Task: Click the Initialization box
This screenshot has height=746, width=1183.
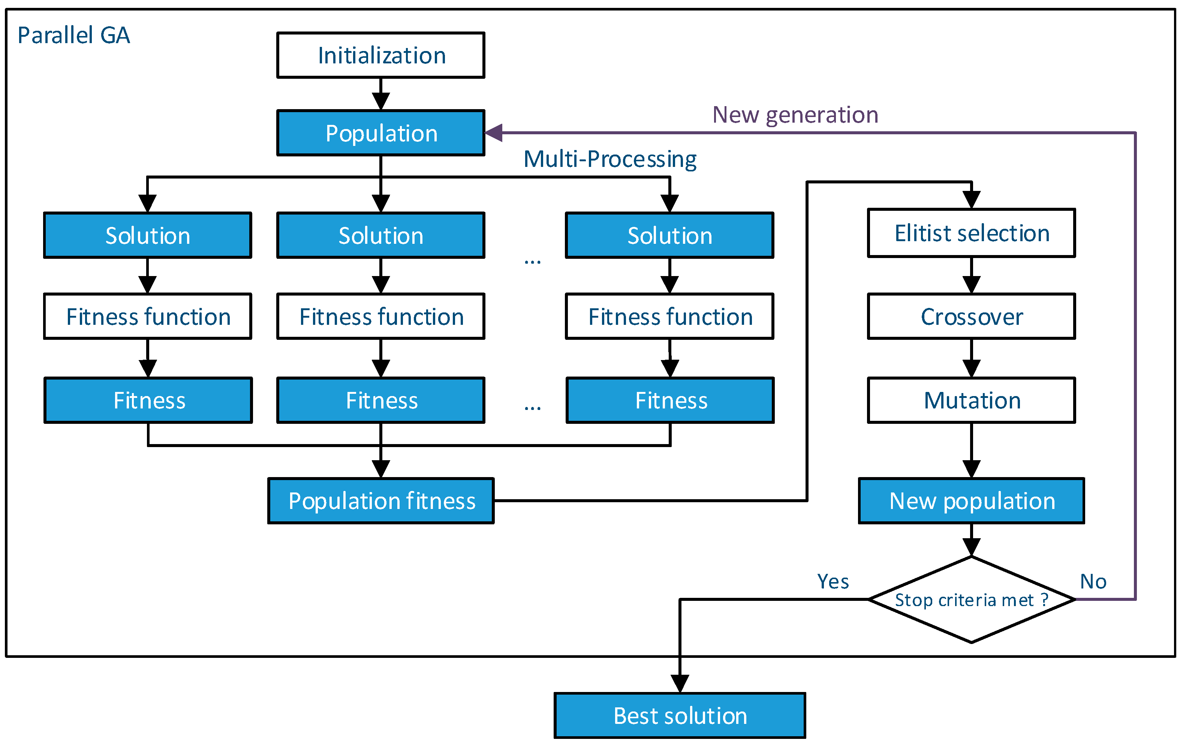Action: point(381,55)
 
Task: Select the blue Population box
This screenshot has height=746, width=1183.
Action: point(381,133)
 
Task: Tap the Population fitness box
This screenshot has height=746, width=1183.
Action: point(381,501)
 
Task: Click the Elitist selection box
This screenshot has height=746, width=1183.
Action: point(971,233)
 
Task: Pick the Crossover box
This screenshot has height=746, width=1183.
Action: point(971,317)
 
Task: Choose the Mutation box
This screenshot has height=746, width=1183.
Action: point(971,400)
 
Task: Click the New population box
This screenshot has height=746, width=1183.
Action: point(971,501)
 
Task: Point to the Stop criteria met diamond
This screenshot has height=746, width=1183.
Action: point(971,600)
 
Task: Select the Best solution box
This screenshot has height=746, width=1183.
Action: point(680,716)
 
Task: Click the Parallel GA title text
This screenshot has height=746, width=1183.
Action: point(74,35)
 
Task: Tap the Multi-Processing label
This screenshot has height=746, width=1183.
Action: point(609,159)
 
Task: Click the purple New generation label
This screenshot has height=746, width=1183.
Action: point(795,115)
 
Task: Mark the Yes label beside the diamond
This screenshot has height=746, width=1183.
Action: point(833,581)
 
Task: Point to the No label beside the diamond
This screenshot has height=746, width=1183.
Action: point(1093,581)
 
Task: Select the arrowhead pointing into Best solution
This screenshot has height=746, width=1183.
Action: point(680,683)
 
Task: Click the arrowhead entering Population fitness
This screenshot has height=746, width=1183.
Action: point(381,468)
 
